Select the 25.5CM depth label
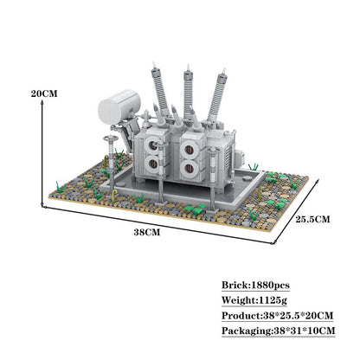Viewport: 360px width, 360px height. point(311,220)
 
